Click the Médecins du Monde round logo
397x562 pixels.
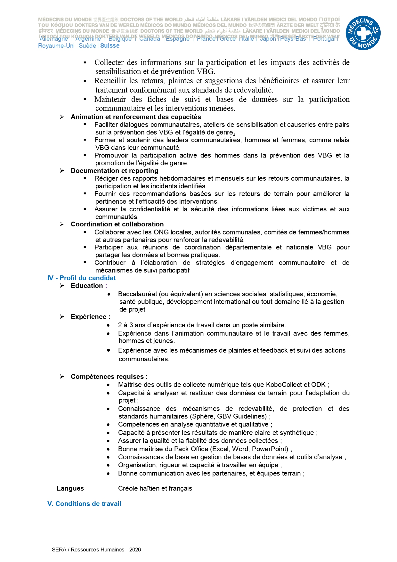pyautogui.click(x=363, y=33)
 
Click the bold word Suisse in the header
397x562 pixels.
pyautogui.click(x=109, y=46)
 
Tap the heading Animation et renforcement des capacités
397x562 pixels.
pyautogui.click(x=136, y=117)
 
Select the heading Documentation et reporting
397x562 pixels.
pyautogui.click(x=114, y=171)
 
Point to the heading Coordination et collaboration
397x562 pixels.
pyautogui.click(x=117, y=224)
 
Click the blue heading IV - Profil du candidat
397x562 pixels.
pyautogui.click(x=81, y=278)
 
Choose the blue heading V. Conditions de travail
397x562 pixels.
pyautogui.click(x=84, y=504)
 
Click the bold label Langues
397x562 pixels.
pyautogui.click(x=70, y=488)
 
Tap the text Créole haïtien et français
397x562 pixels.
pyautogui.click(x=155, y=488)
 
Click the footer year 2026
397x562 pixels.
pyautogui.click(x=135, y=550)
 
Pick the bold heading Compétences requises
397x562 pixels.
pyautogui.click(x=109, y=377)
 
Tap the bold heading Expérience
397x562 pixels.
pyautogui.click(x=90, y=317)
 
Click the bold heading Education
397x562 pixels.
pyautogui.click(x=87, y=286)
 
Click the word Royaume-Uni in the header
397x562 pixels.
pyautogui.click(x=56, y=46)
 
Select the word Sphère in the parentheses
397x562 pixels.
pyautogui.click(x=203, y=416)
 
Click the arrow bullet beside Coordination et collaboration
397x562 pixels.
pyautogui.click(x=62, y=224)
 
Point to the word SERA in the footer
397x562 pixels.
pyautogui.click(x=59, y=550)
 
